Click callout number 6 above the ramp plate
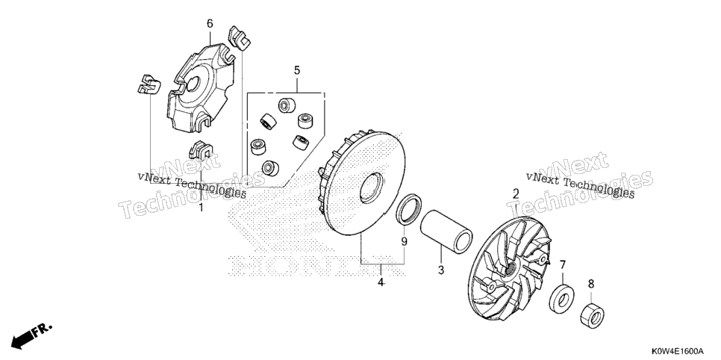(210, 23)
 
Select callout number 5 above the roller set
(297, 70)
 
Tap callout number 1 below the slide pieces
(201, 208)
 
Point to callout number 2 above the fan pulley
(516, 193)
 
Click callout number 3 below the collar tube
(441, 270)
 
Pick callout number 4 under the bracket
(381, 282)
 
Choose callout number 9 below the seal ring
(405, 241)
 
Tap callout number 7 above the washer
(562, 264)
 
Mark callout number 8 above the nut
(591, 284)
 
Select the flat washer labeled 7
(561, 300)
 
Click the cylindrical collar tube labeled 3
(446, 232)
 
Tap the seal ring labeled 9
(409, 210)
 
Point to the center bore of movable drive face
(371, 187)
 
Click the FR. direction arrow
(31, 335)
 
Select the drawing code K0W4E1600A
(676, 351)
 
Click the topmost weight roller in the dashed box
(287, 105)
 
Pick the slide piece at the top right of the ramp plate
(240, 38)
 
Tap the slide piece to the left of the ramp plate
(149, 84)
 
